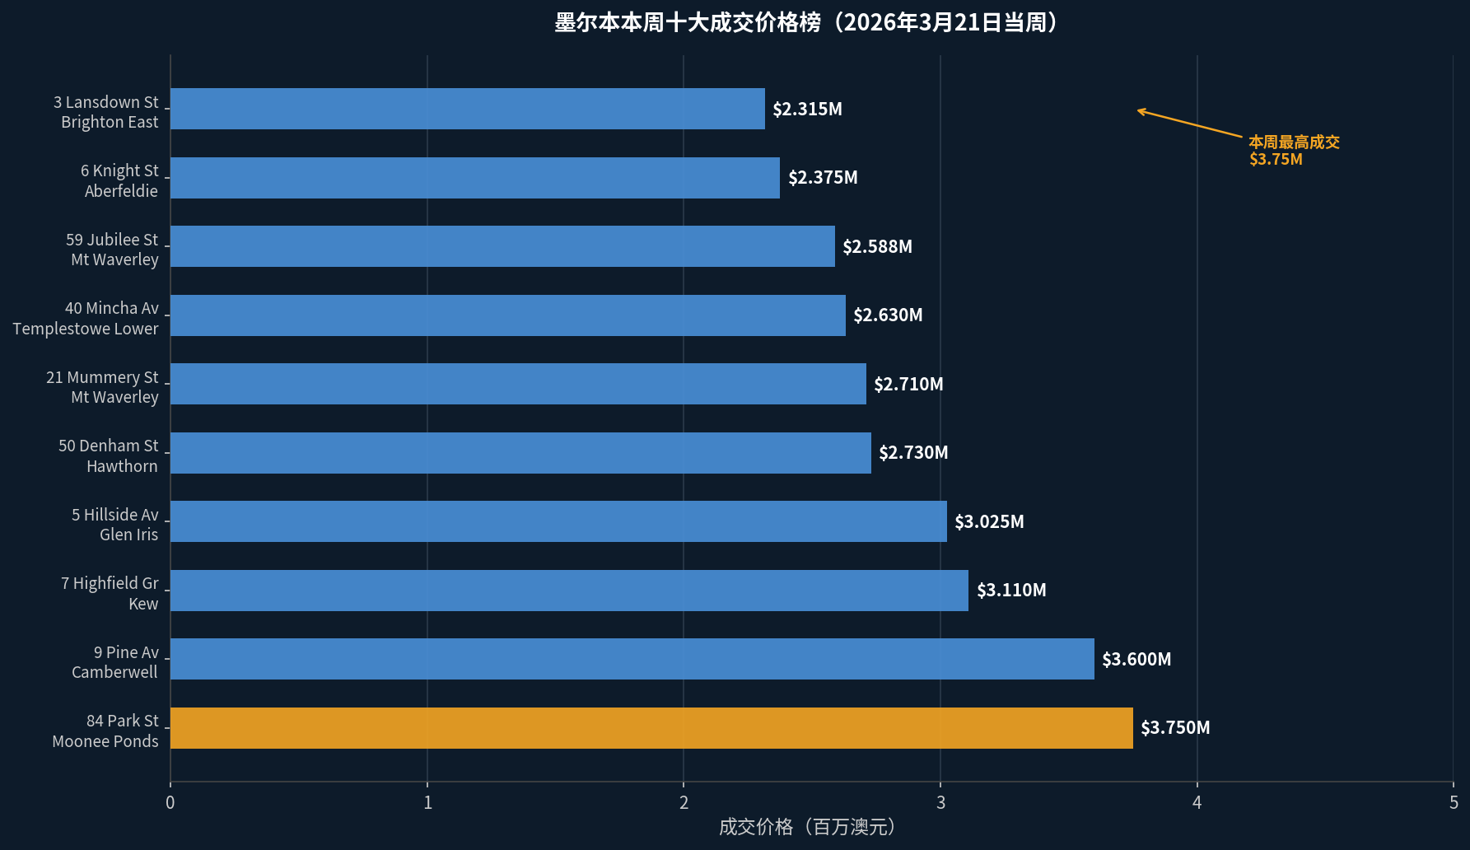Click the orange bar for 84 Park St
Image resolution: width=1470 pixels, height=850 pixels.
(x=651, y=728)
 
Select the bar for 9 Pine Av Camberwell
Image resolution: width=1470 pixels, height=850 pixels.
(x=632, y=659)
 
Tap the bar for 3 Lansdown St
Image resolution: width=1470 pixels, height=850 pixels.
(x=468, y=109)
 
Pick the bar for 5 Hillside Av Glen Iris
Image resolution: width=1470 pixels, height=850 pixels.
(x=558, y=521)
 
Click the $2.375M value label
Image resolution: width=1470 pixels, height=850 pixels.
(x=823, y=178)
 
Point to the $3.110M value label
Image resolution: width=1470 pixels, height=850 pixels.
(x=1011, y=591)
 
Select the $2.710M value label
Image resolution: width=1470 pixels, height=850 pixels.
(x=908, y=384)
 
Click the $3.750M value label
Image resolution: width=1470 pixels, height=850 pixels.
(x=1175, y=728)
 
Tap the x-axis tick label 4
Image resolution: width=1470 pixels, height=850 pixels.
(x=1197, y=802)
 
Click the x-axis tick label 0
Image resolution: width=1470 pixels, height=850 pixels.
(x=170, y=802)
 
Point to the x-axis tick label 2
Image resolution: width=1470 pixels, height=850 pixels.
(x=684, y=802)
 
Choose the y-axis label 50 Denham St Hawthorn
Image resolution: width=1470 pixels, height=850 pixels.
(x=108, y=456)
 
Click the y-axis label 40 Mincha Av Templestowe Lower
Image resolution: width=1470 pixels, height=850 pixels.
(x=86, y=319)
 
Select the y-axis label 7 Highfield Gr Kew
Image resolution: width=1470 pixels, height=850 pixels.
(x=110, y=594)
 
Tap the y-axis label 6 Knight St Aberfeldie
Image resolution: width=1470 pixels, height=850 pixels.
(x=119, y=181)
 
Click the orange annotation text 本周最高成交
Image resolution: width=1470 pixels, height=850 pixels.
(x=1294, y=142)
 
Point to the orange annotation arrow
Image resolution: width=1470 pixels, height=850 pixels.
(x=1189, y=123)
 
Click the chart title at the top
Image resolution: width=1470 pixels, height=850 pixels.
(x=805, y=22)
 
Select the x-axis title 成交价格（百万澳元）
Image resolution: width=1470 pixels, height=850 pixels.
(x=806, y=827)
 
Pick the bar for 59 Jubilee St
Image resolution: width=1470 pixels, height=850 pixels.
(x=502, y=246)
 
